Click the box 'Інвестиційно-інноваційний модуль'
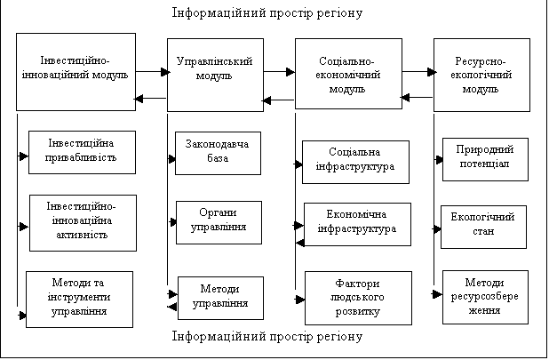coord(76,72)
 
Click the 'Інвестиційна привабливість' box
coord(84,152)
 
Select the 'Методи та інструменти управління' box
coord(79,299)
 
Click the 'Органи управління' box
coord(219,221)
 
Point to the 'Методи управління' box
coord(219,298)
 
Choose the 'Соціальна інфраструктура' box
coord(354,161)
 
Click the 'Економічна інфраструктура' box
coord(357,223)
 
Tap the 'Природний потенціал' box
coord(484,159)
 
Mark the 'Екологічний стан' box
coord(483,226)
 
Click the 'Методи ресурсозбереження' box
coord(484,297)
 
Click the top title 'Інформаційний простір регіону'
coord(267,13)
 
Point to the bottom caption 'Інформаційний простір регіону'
coord(267,337)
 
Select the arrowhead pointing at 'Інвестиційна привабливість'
coord(23,156)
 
